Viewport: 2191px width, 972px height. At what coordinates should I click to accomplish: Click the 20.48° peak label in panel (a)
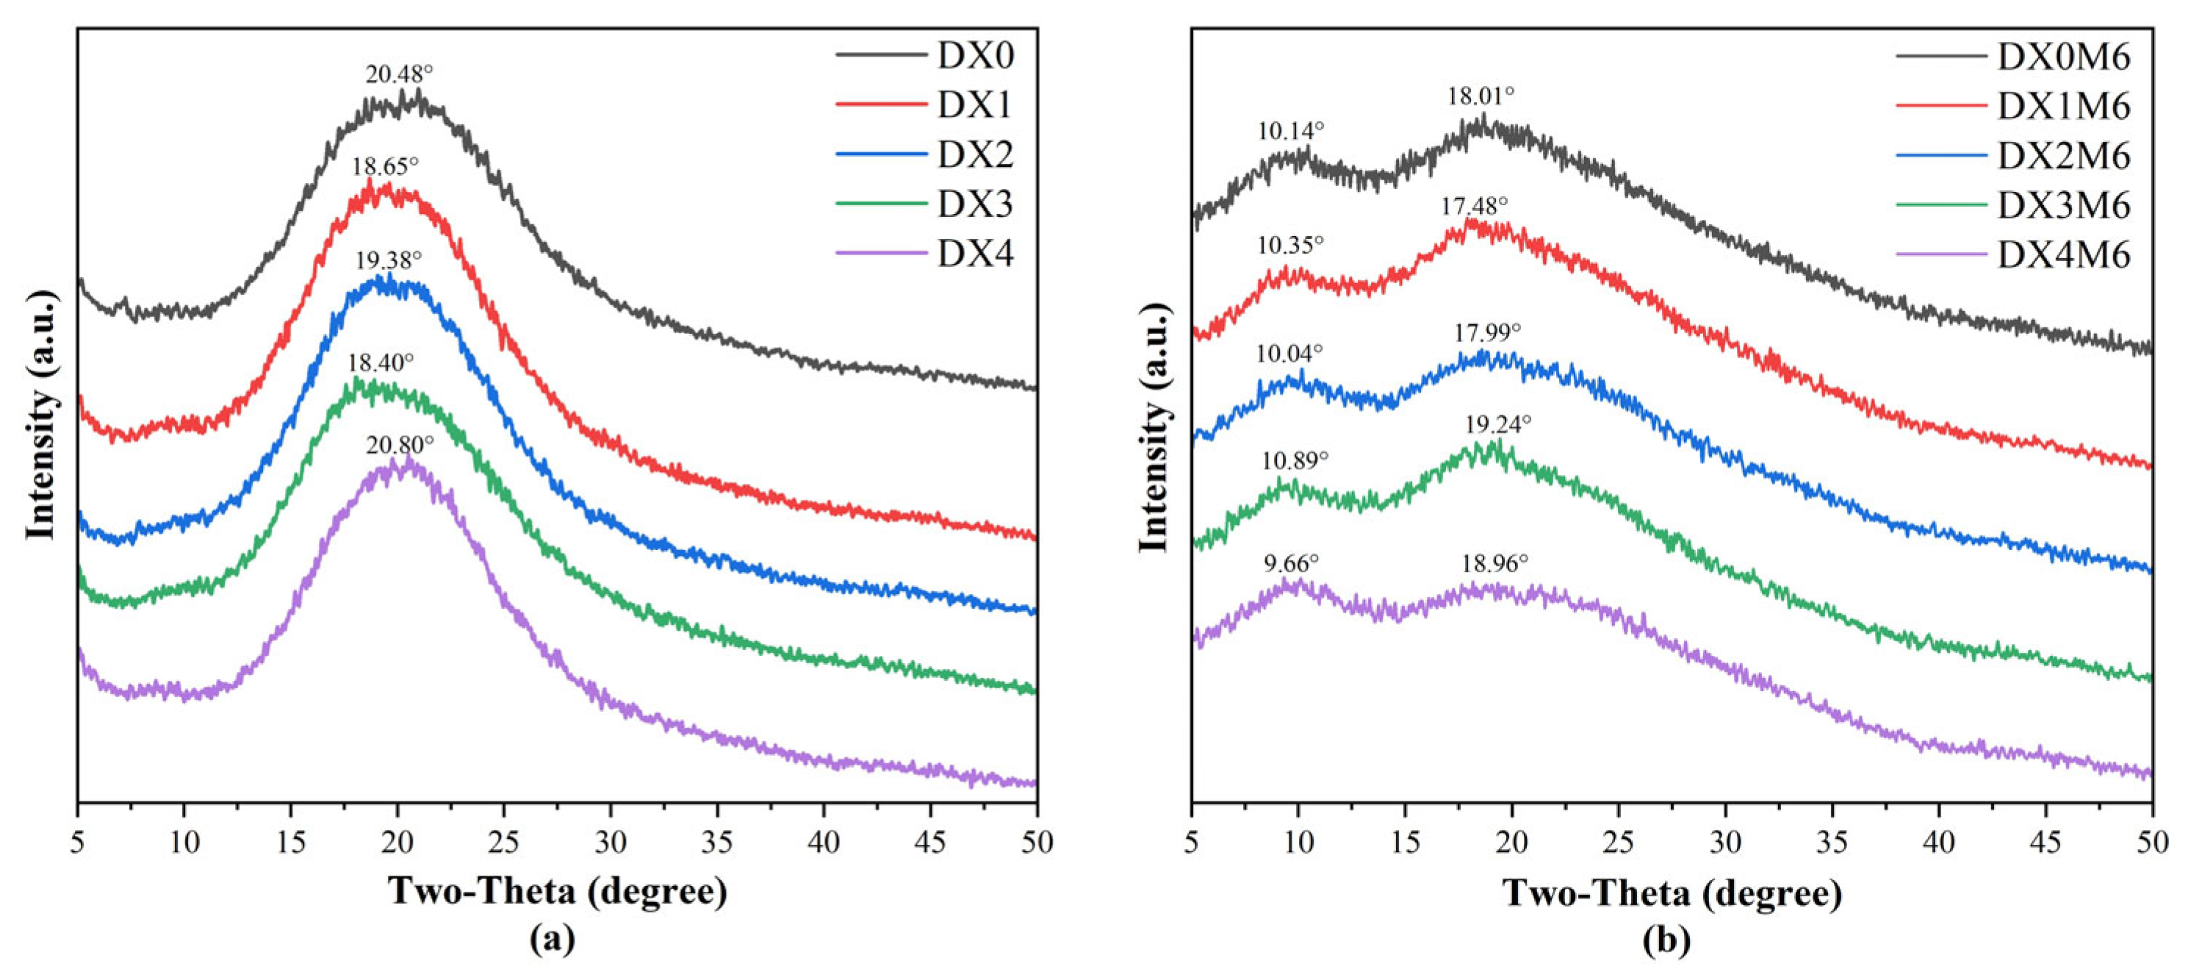pyautogui.click(x=399, y=75)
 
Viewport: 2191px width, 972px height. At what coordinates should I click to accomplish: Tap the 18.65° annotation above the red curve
pyautogui.click(x=385, y=166)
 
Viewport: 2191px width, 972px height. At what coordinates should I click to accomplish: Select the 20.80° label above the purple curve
pyautogui.click(x=400, y=444)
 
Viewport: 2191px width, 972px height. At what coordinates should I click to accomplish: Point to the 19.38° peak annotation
pyautogui.click(x=388, y=260)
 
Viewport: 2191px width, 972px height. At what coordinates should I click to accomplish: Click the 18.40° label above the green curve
pyautogui.click(x=380, y=362)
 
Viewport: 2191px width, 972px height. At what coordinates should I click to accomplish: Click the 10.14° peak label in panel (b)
pyautogui.click(x=1290, y=131)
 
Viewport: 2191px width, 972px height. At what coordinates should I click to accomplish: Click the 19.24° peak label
pyautogui.click(x=1498, y=424)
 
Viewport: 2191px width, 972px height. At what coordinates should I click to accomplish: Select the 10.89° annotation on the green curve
pyautogui.click(x=1294, y=461)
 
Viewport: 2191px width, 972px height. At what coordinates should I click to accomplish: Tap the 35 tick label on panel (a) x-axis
pyautogui.click(x=716, y=843)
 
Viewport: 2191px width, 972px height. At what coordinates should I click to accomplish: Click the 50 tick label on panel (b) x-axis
pyautogui.click(x=2152, y=843)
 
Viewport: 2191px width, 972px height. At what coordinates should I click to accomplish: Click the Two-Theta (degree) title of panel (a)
pyautogui.click(x=558, y=891)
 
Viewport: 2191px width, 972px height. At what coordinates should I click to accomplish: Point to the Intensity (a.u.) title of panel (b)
pyautogui.click(x=1154, y=426)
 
